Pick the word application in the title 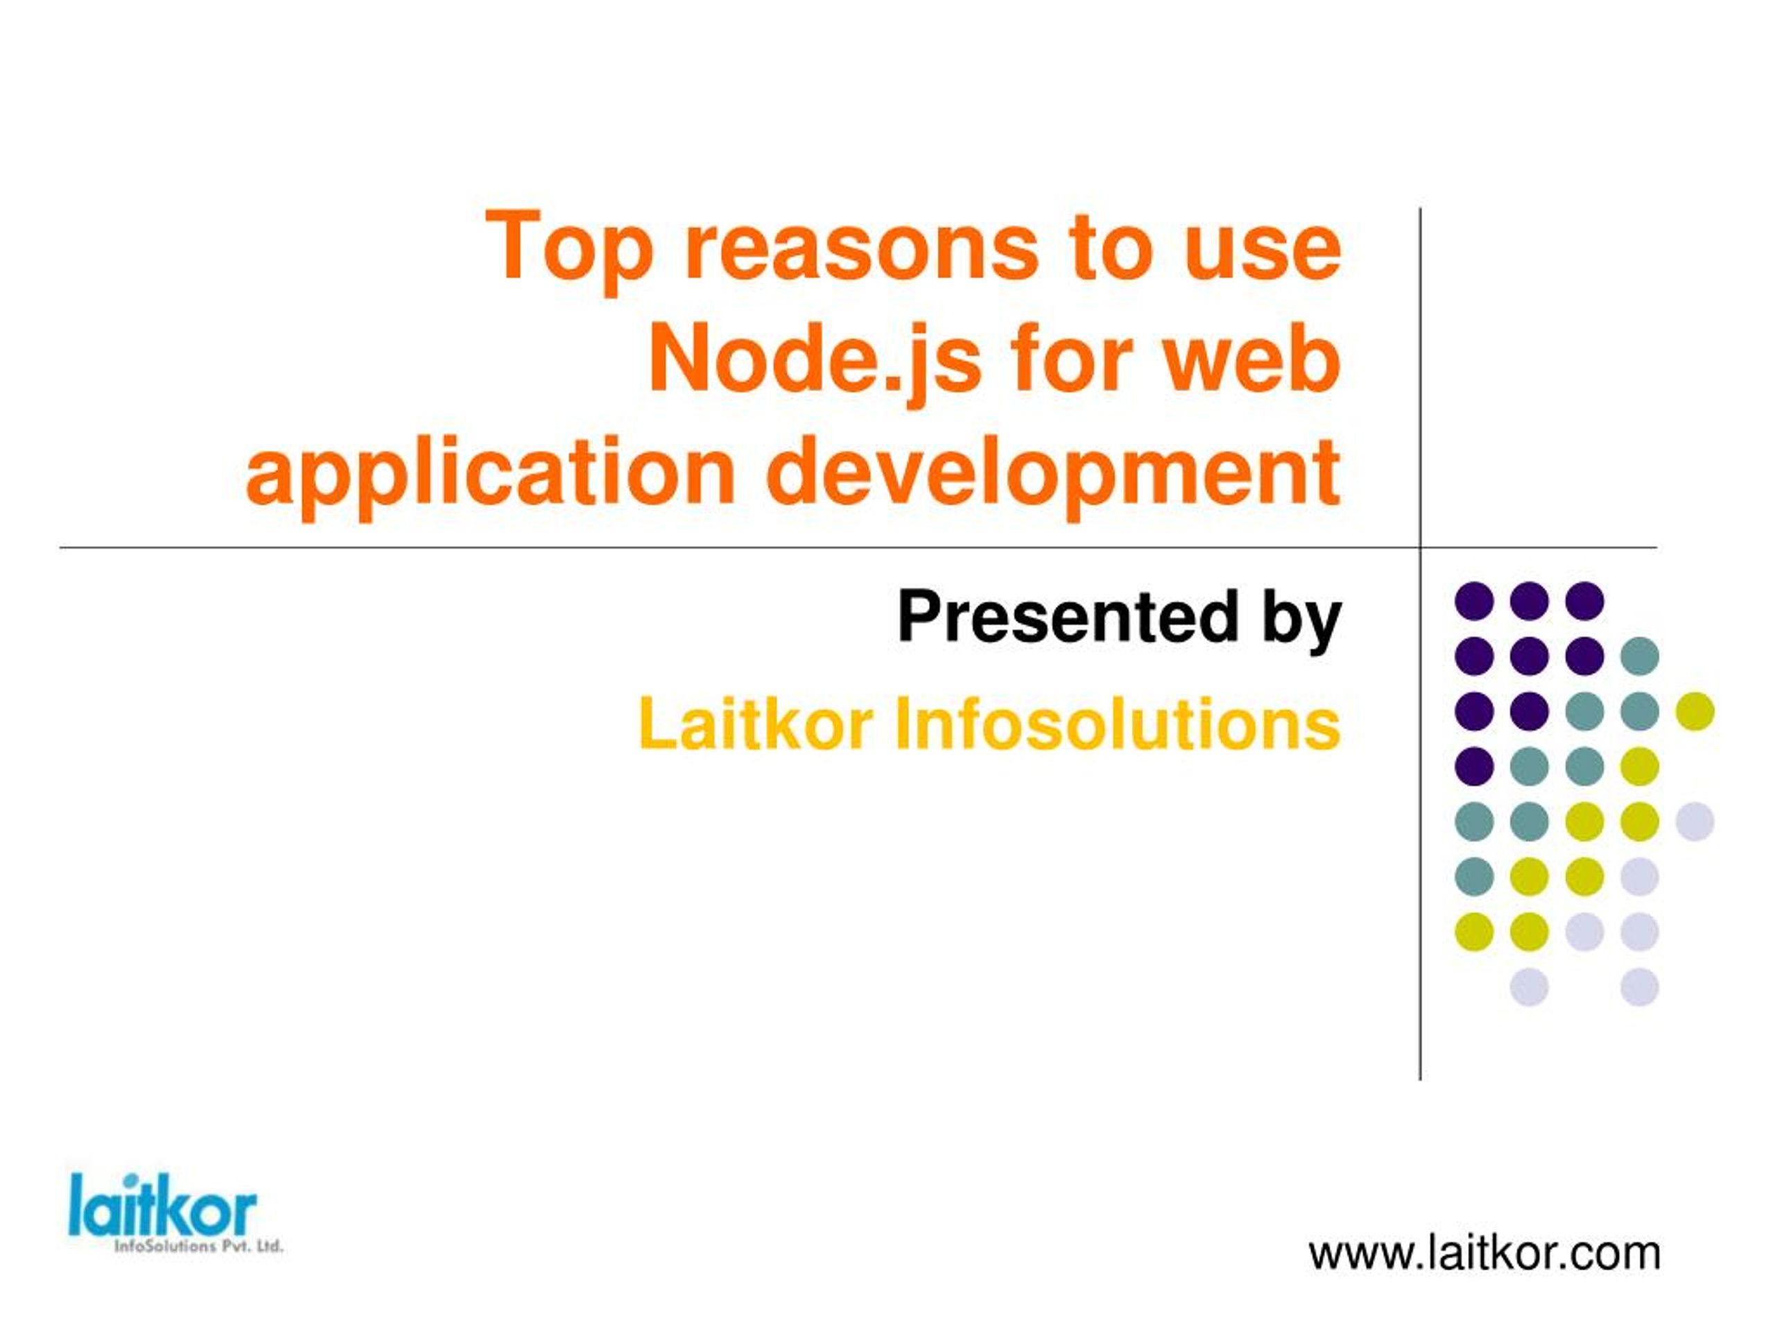pos(490,475)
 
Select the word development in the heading pos(1054,475)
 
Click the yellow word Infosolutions pos(1118,724)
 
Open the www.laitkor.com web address pos(1484,1254)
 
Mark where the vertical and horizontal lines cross pos(1420,548)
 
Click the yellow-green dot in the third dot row pos(1695,711)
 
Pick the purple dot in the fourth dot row pos(1474,766)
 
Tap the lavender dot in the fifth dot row pos(1695,821)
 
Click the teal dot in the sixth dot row pos(1474,876)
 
